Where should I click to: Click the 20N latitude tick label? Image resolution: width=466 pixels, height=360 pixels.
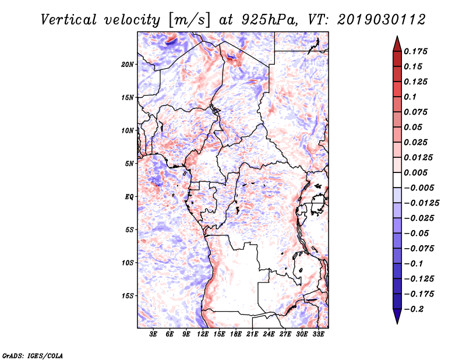(x=128, y=64)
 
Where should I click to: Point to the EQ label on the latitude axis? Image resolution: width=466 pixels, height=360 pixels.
(x=129, y=196)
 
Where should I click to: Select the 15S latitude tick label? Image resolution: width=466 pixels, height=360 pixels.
(x=128, y=295)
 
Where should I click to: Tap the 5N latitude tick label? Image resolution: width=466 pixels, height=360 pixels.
(x=130, y=163)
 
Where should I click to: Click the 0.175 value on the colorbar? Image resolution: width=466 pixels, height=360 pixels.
(x=416, y=51)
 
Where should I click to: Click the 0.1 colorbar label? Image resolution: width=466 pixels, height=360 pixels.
(x=411, y=97)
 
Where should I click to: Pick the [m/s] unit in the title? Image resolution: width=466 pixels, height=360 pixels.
(x=188, y=20)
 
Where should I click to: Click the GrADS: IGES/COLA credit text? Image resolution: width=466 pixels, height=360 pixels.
(x=24, y=354)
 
